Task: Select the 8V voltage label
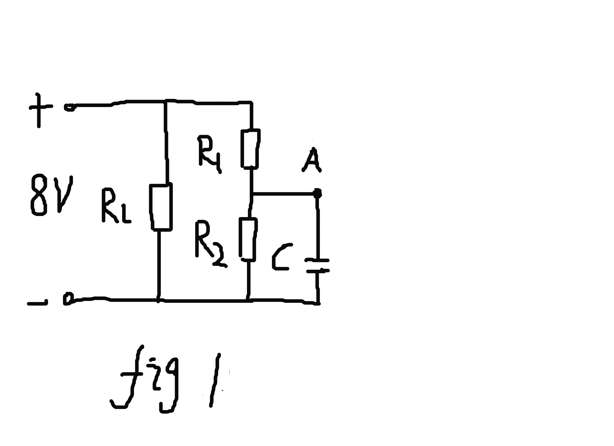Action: tap(51, 195)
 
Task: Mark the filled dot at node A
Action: tap(317, 193)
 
